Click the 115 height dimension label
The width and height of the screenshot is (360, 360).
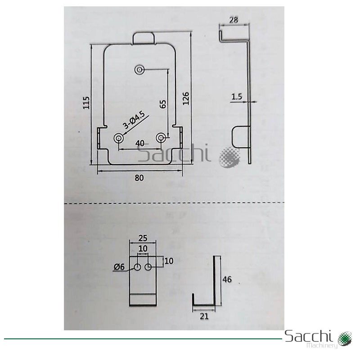pyautogui.click(x=86, y=103)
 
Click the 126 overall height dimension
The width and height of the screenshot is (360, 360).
pyautogui.click(x=186, y=99)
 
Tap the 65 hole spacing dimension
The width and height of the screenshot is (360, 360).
pyautogui.click(x=162, y=104)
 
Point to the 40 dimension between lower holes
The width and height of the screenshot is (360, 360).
pyautogui.click(x=140, y=144)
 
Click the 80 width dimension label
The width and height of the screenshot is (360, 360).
pyautogui.click(x=139, y=178)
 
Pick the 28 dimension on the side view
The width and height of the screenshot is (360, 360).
pyautogui.click(x=234, y=20)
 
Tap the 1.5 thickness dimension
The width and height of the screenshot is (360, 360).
pyautogui.click(x=237, y=97)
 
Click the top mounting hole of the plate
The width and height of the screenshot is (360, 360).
pyautogui.click(x=139, y=70)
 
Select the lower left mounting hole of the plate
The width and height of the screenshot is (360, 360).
pyautogui.click(x=119, y=138)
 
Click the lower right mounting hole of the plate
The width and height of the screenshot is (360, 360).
pyautogui.click(x=161, y=138)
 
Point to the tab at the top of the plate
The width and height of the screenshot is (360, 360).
pyautogui.click(x=144, y=38)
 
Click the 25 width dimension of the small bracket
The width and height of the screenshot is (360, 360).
pyautogui.click(x=143, y=238)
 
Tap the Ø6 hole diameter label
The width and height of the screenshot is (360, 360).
pyautogui.click(x=119, y=267)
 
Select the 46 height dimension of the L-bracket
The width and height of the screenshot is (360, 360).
pyautogui.click(x=227, y=279)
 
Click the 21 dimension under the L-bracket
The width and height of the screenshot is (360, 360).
pyautogui.click(x=204, y=316)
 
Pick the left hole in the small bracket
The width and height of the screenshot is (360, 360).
pyautogui.click(x=138, y=267)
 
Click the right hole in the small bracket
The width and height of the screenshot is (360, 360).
pyautogui.click(x=148, y=267)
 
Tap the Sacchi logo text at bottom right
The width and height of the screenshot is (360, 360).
pyautogui.click(x=309, y=336)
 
